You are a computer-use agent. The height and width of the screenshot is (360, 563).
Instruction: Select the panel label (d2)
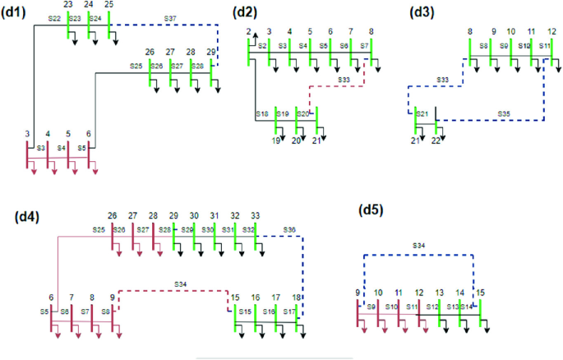[247, 12]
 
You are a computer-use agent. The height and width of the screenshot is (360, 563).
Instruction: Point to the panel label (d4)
[30, 216]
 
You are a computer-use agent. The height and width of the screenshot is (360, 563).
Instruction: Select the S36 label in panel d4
[289, 229]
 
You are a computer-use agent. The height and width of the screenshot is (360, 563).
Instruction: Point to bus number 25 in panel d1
[109, 4]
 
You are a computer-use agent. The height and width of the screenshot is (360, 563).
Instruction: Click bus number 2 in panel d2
[248, 31]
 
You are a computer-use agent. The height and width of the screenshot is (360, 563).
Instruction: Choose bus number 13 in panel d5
[440, 292]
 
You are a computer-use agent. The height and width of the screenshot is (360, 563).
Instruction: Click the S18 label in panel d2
[262, 113]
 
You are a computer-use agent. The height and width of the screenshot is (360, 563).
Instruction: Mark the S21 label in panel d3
[422, 113]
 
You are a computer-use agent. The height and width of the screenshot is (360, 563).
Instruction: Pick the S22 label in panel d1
[54, 17]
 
